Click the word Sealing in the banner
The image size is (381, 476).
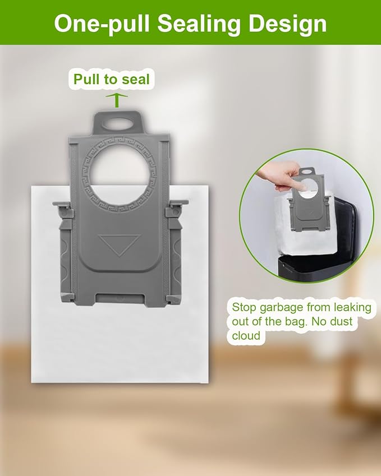point(199,24)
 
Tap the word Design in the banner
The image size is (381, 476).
point(288,24)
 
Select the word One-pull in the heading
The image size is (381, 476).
point(102,24)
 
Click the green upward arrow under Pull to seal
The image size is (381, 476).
point(117,100)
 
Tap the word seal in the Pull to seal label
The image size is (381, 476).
point(135,80)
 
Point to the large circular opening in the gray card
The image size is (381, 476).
point(119,172)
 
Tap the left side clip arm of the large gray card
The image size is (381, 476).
point(65,252)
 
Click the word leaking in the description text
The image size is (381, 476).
point(352,307)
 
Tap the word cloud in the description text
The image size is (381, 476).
point(246,336)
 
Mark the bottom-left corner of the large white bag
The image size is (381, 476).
point(31,382)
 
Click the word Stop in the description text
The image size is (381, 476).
point(244,308)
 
